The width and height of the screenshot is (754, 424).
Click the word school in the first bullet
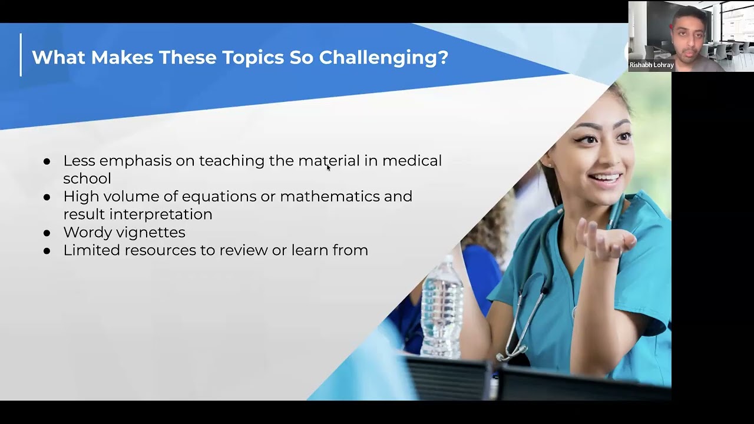coord(87,178)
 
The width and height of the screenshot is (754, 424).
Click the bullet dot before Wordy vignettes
coord(47,233)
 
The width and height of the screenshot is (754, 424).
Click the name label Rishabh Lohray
coord(651,65)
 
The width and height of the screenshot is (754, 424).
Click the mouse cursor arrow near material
coord(328,167)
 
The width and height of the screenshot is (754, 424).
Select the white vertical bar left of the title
coord(21,55)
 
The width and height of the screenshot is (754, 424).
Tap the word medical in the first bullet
coord(412,161)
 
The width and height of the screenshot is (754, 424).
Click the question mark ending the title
coord(444,58)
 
